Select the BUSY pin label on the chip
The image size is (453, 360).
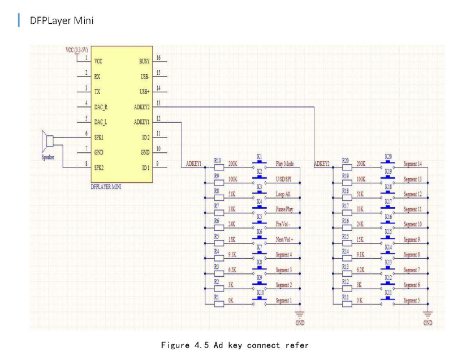point(144,61)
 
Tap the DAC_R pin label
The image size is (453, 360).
point(101,106)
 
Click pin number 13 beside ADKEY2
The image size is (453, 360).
point(158,103)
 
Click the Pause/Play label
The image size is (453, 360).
point(284,209)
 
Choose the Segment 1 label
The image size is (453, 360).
point(284,301)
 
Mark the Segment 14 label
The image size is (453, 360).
point(413,164)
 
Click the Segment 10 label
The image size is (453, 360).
point(413,225)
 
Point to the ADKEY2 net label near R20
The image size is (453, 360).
point(321,164)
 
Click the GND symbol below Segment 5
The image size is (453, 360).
point(428,317)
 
